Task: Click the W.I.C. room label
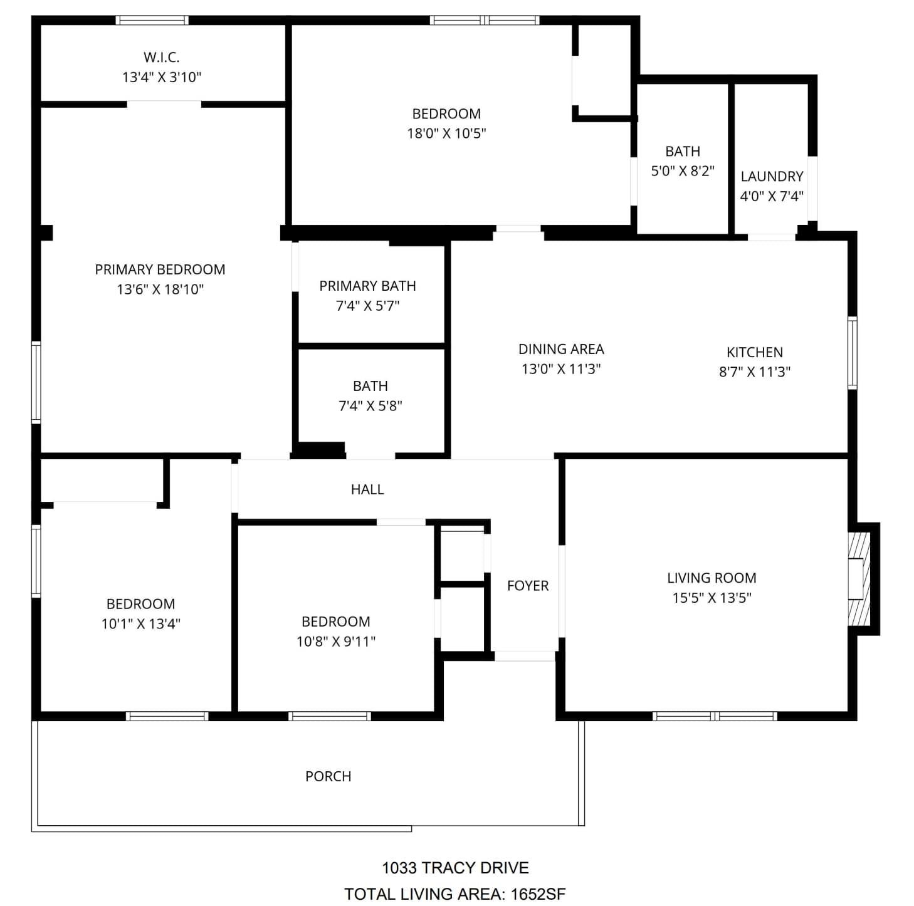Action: click(162, 57)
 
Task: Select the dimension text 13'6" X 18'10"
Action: click(160, 289)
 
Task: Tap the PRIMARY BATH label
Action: click(367, 286)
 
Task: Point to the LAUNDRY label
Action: click(772, 177)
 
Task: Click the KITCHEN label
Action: click(754, 352)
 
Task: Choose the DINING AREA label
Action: click(561, 349)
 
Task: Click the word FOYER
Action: click(528, 586)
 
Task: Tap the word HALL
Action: click(367, 489)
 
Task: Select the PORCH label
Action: click(328, 776)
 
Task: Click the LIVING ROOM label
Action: click(712, 578)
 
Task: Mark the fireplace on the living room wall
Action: click(859, 579)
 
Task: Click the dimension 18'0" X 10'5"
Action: click(446, 133)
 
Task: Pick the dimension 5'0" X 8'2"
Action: click(683, 171)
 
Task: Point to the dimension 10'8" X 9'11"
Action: click(336, 642)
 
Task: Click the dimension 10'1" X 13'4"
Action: click(141, 624)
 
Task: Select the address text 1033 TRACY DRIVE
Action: click(455, 868)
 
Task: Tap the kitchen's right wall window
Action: click(852, 353)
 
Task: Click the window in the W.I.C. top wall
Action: click(152, 20)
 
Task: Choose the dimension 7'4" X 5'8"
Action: click(370, 406)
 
